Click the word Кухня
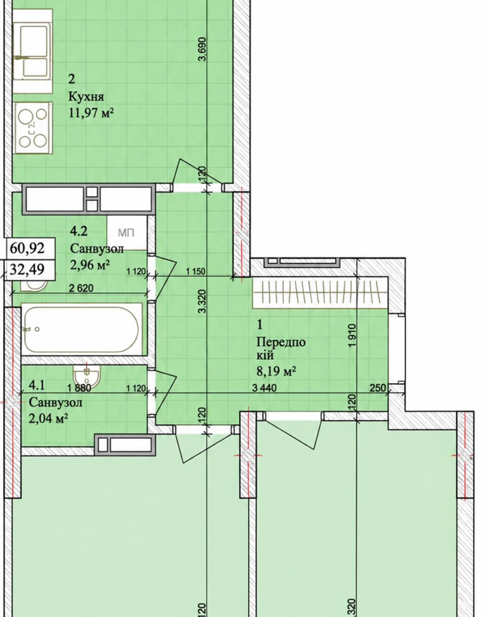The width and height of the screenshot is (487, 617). [x=86, y=97]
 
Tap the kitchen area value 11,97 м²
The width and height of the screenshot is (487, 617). [x=91, y=113]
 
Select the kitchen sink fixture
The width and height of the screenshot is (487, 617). [x=33, y=51]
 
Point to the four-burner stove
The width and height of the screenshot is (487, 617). [x=33, y=127]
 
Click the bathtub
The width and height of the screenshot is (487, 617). [x=82, y=329]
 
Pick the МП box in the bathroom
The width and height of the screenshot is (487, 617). [x=127, y=233]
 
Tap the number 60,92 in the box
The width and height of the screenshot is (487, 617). [x=27, y=248]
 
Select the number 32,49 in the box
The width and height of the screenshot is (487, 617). [x=27, y=269]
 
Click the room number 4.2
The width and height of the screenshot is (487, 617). [x=79, y=231]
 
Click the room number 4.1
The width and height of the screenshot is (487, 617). [x=37, y=385]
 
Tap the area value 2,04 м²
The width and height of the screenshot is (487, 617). [x=48, y=419]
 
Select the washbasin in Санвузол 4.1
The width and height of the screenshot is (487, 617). [x=87, y=374]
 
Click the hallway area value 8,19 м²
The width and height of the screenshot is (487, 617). [x=276, y=371]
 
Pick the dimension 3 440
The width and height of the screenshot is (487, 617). [x=264, y=388]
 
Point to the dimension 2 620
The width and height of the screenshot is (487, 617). [x=82, y=288]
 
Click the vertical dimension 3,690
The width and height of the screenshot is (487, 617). [x=203, y=49]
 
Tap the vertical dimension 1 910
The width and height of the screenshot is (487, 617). [x=352, y=335]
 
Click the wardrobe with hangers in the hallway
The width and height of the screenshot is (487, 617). [x=320, y=293]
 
